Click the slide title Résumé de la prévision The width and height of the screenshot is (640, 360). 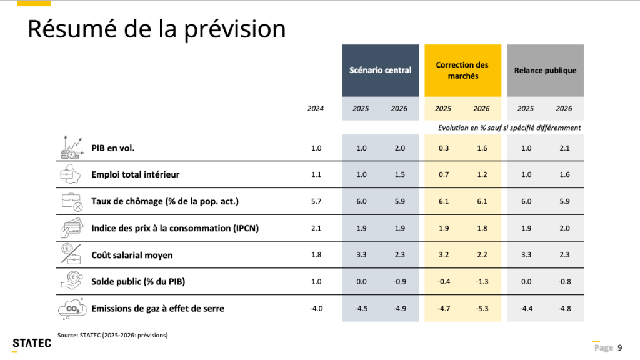point(156,29)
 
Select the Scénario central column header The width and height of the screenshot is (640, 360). point(380,70)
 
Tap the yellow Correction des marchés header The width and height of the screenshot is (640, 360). point(462,70)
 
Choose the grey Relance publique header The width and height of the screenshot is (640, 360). point(545,70)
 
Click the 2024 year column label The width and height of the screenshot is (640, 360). point(316,108)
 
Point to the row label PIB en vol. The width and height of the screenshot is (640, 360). point(113,148)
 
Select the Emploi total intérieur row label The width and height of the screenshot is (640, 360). point(135,174)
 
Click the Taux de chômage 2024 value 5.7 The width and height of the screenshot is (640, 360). point(316,201)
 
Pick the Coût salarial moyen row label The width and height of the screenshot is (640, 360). point(132,255)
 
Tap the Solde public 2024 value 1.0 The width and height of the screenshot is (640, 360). point(316,281)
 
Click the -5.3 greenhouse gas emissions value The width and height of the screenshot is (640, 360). point(481,308)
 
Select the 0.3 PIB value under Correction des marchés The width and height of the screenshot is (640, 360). point(443,148)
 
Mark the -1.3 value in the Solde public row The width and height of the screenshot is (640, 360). point(481,281)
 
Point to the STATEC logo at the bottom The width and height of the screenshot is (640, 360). point(28,342)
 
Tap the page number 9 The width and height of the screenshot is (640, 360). point(620,347)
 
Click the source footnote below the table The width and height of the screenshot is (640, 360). point(112,335)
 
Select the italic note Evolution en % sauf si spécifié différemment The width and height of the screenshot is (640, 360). point(509,127)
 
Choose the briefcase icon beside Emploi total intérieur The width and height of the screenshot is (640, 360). point(70,174)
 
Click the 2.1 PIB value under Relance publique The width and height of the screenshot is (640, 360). point(564,148)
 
